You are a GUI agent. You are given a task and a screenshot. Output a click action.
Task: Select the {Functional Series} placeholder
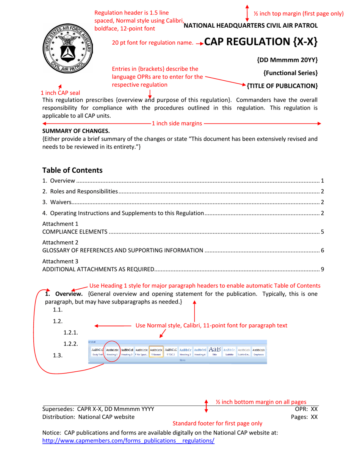(x=290, y=73)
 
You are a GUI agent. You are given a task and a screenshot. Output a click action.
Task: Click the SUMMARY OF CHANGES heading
(x=76, y=131)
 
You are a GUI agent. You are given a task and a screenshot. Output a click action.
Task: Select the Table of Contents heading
(x=72, y=170)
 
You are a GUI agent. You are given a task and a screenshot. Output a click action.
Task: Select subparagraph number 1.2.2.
(x=70, y=344)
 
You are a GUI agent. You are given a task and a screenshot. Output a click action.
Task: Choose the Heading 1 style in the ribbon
(x=112, y=352)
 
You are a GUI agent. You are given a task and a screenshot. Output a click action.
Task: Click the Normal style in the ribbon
(x=156, y=352)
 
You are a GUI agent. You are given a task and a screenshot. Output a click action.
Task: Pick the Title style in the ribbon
(x=214, y=352)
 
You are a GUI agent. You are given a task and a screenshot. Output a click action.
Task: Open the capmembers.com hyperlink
(x=128, y=441)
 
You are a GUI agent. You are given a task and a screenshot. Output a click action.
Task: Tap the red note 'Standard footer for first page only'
(x=217, y=423)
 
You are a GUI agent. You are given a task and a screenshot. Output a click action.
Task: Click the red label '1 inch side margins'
(x=177, y=124)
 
